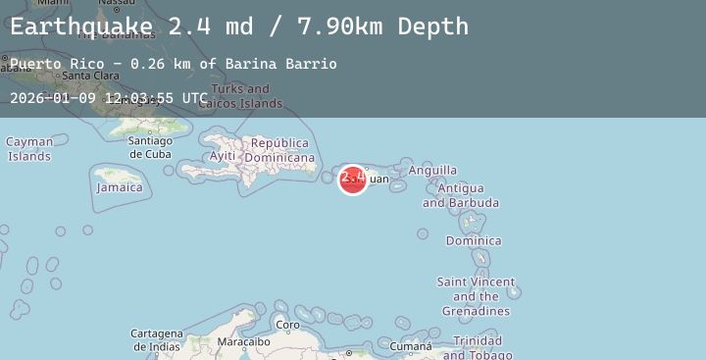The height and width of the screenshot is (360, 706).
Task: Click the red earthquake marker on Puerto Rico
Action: coord(353,180)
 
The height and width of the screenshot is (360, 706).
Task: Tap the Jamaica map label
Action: coord(120,187)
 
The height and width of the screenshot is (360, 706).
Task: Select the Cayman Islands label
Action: coord(29,149)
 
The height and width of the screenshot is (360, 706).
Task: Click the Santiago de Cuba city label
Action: coord(150,147)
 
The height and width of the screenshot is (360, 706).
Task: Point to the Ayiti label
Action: coord(223,156)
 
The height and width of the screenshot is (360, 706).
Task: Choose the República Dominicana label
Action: coord(279,150)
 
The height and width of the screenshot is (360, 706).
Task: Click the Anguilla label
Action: coord(432,170)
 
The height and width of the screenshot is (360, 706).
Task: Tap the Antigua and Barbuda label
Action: coord(460,195)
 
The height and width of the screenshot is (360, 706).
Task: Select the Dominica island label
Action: coord(474,240)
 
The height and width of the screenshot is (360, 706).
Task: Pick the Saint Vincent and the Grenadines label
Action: coord(476,296)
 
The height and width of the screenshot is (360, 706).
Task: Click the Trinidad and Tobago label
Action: coord(478,347)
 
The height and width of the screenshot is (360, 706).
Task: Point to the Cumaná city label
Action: coord(410,346)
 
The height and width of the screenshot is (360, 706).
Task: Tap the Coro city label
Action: coord(288,325)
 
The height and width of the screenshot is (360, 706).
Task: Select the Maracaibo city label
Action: coord(243,341)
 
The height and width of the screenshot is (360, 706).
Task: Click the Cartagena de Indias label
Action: coord(157,339)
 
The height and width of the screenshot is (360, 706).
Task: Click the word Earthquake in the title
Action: coord(81,26)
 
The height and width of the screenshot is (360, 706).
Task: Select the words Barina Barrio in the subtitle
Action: coord(280,64)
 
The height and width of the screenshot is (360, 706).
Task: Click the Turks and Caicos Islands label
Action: coord(240,95)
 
